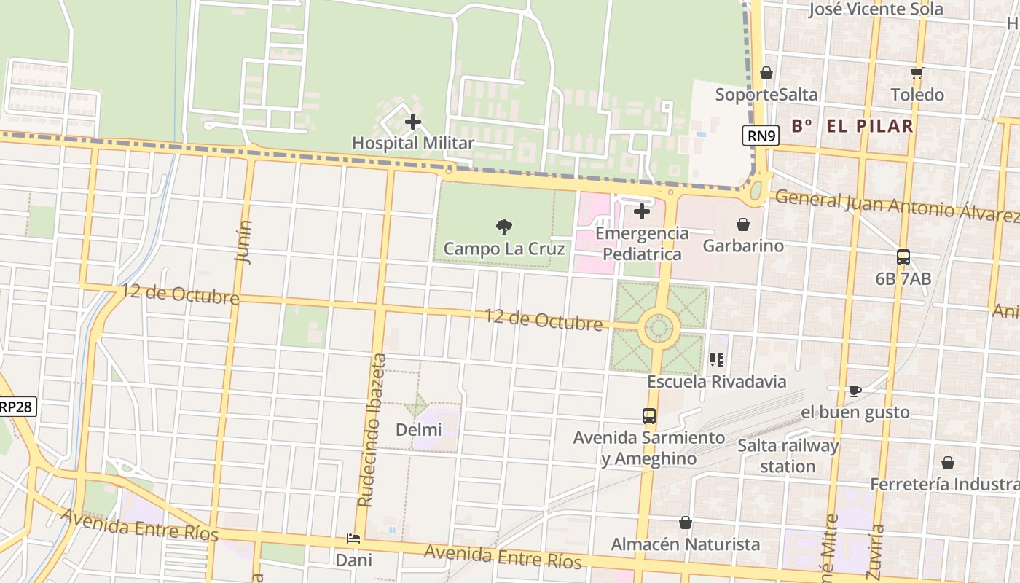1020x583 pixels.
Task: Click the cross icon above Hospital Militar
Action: [x=413, y=122]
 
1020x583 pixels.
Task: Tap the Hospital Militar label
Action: [x=413, y=143]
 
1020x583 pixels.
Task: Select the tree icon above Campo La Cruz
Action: [x=503, y=227]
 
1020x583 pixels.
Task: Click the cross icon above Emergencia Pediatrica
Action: [x=642, y=211]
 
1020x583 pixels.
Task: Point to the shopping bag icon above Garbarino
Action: [x=743, y=224]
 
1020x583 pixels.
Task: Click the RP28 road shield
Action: [x=16, y=407]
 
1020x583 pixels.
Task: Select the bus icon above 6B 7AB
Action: [x=903, y=257]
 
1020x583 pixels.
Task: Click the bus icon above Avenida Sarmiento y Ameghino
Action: [x=649, y=416]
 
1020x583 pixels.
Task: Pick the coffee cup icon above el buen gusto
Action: [x=855, y=391]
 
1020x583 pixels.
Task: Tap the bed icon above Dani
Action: [x=353, y=539]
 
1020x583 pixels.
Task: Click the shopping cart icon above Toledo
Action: [x=917, y=73]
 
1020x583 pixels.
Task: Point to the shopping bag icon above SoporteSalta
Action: [x=766, y=73]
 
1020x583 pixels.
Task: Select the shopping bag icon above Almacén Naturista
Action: [x=685, y=523]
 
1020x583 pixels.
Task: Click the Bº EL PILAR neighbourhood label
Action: [x=852, y=125]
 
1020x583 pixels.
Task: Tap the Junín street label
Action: [x=243, y=241]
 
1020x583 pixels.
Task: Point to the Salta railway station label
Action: [x=788, y=455]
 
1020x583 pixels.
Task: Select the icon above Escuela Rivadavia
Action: [x=717, y=359]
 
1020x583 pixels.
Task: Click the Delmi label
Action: [x=418, y=430]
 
